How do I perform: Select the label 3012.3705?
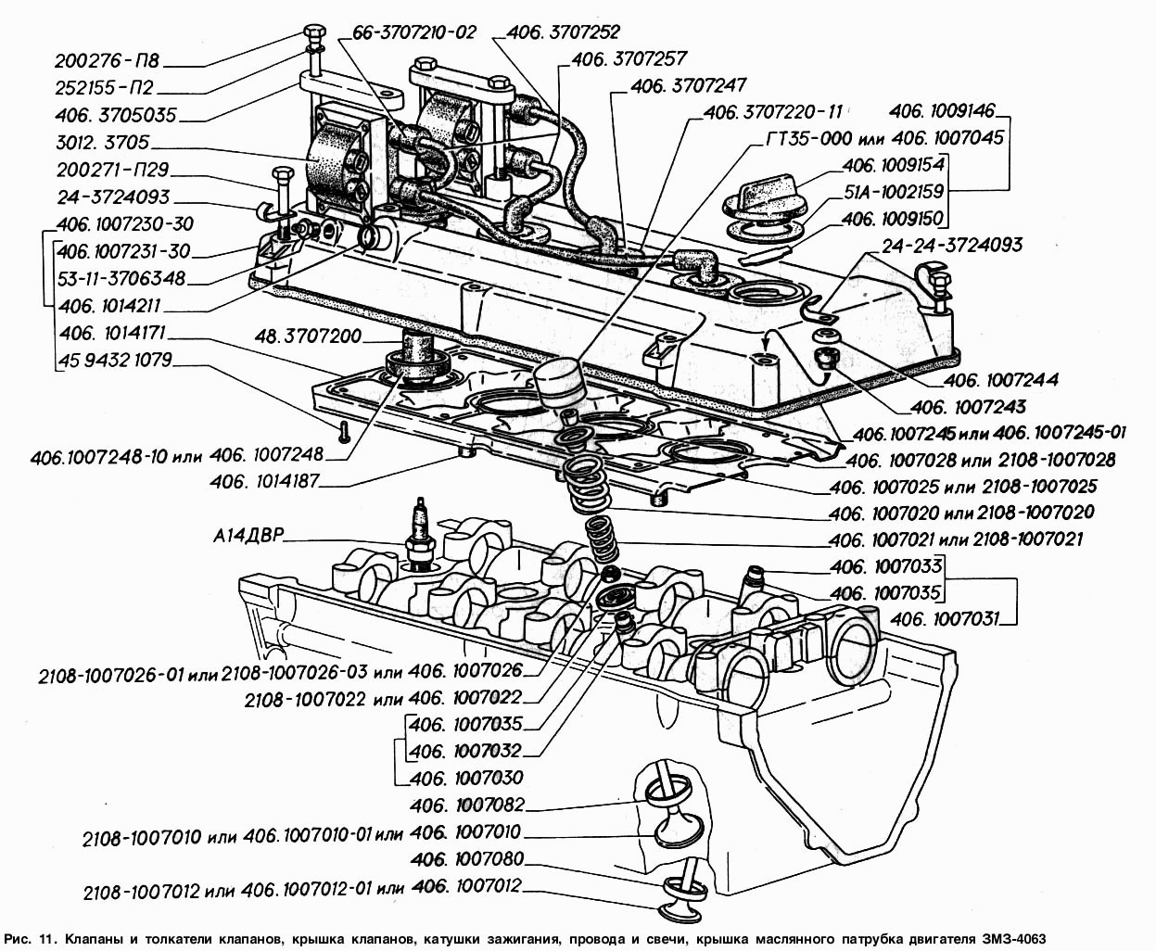(107, 145)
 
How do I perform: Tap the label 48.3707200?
(310, 336)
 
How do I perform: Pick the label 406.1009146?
(941, 111)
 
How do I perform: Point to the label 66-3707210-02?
(413, 32)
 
